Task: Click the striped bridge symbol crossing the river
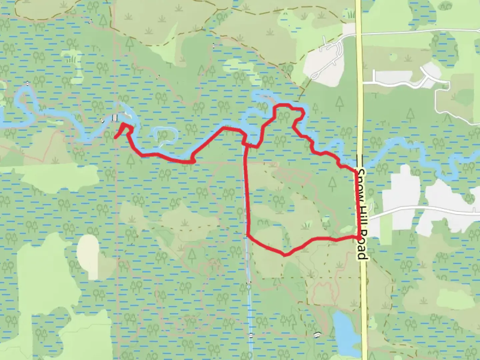tap(115, 118)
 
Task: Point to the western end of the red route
tap(115, 137)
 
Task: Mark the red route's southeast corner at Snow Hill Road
tap(359, 237)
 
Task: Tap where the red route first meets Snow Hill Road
tap(355, 171)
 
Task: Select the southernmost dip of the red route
tap(284, 255)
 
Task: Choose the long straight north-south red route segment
tap(247, 190)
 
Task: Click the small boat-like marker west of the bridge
tap(101, 120)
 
